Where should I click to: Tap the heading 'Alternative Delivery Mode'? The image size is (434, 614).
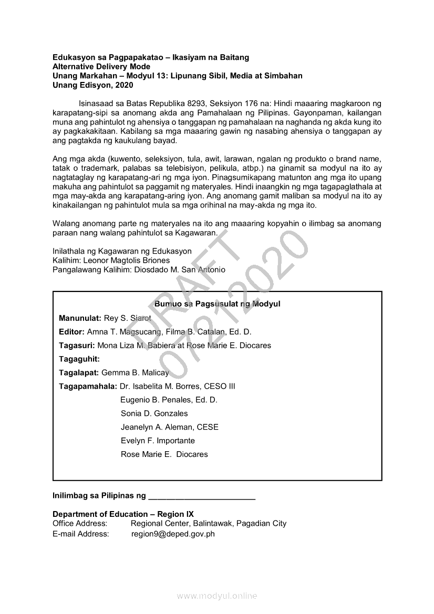point(101,66)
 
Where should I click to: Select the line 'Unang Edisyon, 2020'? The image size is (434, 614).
point(93,85)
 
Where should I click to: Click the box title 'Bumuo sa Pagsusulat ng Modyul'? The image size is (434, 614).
point(218,304)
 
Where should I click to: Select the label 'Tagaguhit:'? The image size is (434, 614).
point(79,359)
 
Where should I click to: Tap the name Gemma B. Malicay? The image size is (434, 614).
point(135,373)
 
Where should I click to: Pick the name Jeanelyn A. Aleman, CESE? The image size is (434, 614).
point(169,427)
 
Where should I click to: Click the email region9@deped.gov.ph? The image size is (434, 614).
point(173,534)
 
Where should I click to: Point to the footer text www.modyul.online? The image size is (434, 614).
point(217,596)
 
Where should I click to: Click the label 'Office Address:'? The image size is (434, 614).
point(80,524)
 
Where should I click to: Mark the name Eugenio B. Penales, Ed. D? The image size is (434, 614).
point(169,400)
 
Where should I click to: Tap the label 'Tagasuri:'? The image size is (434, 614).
point(77,346)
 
